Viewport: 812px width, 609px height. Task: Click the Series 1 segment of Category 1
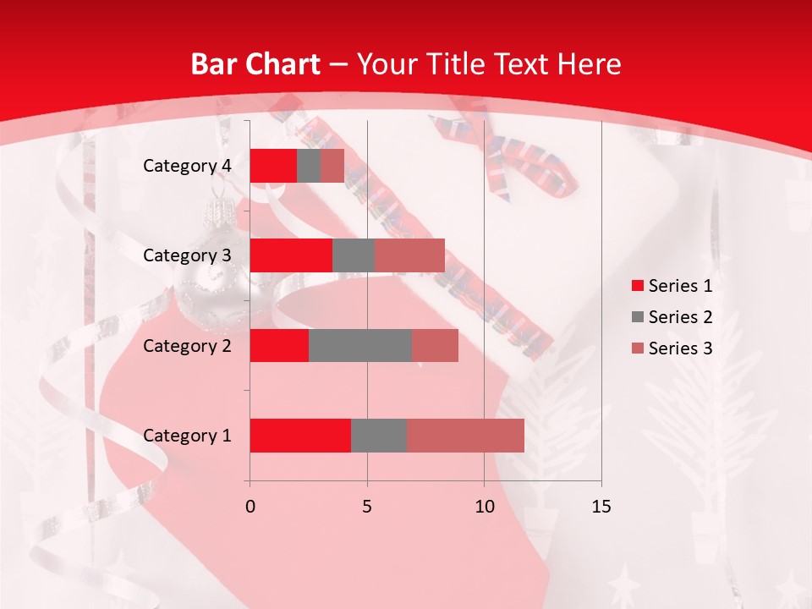coord(300,436)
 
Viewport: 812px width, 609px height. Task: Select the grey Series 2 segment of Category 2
coord(360,345)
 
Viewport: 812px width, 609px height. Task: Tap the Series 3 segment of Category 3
coord(409,255)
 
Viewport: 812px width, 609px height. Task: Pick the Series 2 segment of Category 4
coord(309,166)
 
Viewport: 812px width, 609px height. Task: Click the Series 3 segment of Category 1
coord(465,436)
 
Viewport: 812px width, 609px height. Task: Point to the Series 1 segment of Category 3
coord(291,255)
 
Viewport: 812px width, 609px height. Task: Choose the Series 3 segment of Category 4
coord(332,166)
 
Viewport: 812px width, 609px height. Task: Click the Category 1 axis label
coord(187,436)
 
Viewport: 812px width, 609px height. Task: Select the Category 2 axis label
coord(187,345)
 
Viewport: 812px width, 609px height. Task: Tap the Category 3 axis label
coord(187,255)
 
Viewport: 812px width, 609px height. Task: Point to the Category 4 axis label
coord(187,166)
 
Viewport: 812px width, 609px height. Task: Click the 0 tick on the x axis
coord(250,507)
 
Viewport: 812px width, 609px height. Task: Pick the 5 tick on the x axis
coord(367,507)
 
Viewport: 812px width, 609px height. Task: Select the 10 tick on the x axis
coord(484,507)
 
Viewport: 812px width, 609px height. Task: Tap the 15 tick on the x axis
coord(601,507)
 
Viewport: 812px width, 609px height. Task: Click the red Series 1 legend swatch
coord(637,286)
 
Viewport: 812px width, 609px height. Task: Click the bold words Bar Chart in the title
coord(255,64)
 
